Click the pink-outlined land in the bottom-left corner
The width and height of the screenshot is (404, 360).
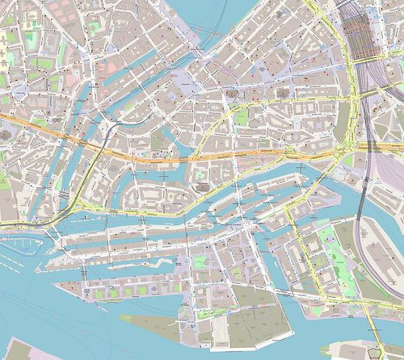coord(24,349)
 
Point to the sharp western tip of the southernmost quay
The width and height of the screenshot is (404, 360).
coord(57,283)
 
